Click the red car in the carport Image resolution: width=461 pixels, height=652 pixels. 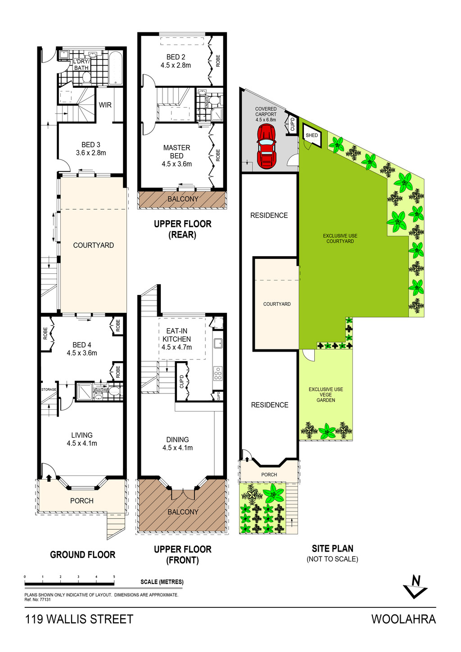coord(266,146)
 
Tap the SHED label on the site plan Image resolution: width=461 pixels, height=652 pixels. coord(312,136)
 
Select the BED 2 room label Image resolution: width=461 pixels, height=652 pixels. coord(176,57)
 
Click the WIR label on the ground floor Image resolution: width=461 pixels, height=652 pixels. coord(105,105)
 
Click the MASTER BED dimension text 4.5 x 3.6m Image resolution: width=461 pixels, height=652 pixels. coord(176,164)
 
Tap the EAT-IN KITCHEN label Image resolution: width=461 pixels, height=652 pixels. coord(176,335)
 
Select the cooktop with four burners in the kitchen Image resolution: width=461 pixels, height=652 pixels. coord(218,373)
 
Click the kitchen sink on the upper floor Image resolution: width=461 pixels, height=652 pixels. coord(218,343)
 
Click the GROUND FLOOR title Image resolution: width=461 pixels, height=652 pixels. coord(83,554)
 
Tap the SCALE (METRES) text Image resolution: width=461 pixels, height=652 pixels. coord(162,582)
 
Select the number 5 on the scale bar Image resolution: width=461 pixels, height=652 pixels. coord(114,577)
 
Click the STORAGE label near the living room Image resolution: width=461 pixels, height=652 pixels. coord(49,389)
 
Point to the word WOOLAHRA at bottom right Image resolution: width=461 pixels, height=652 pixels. coord(404,619)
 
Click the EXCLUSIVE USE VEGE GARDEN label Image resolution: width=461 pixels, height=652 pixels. coord(325,395)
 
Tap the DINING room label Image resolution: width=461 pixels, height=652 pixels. coord(177,439)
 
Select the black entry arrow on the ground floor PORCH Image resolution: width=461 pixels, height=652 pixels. coord(49,477)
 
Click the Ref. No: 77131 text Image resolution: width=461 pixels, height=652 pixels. coord(37,600)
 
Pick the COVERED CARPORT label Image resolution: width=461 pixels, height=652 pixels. coord(266,112)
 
